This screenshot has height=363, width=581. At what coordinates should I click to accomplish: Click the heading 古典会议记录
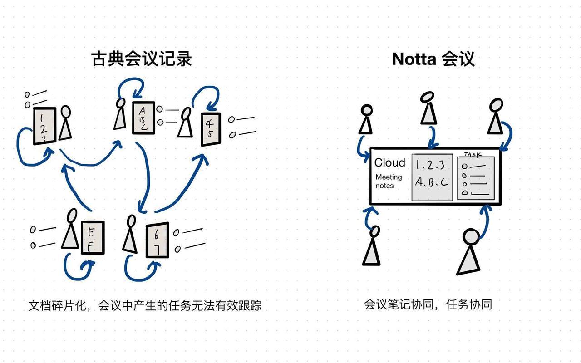click(142, 59)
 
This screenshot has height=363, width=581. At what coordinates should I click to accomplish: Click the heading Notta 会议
click(433, 59)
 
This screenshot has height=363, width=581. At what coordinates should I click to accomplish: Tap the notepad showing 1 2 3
click(44, 126)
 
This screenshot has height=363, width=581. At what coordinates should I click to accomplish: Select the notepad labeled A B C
click(143, 118)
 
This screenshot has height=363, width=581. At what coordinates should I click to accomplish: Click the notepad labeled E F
click(92, 238)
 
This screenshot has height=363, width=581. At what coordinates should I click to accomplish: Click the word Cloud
click(389, 163)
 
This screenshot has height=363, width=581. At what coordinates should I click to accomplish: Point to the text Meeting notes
click(389, 181)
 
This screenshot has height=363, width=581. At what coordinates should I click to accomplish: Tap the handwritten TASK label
click(473, 155)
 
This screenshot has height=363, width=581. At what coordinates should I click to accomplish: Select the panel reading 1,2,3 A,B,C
click(432, 177)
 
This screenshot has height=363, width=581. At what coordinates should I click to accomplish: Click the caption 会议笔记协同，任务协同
click(428, 304)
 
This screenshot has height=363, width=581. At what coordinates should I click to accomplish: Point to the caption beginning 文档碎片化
click(145, 305)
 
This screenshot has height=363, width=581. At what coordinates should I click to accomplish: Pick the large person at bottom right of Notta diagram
click(469, 252)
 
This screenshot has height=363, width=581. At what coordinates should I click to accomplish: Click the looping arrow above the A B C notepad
click(132, 87)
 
